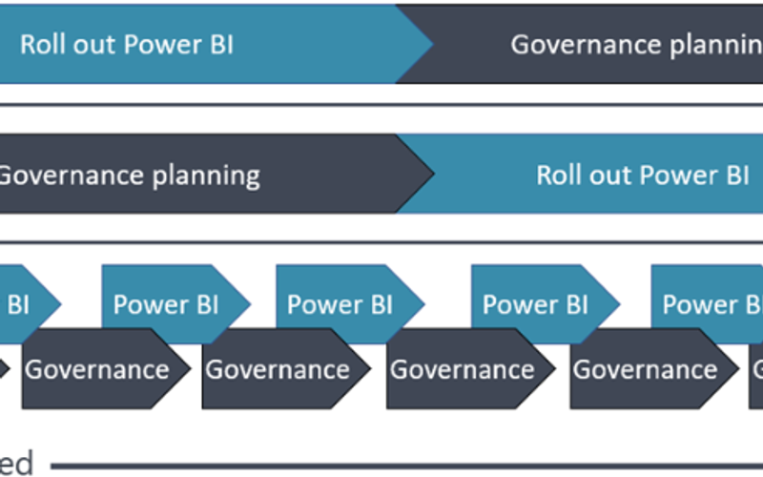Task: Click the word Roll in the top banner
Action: click(x=44, y=45)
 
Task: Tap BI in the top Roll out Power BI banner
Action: click(x=217, y=45)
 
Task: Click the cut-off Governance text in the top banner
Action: click(x=586, y=45)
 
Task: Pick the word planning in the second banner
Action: click(x=206, y=176)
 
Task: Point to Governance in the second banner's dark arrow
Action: click(x=71, y=176)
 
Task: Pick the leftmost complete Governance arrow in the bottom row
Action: click(x=97, y=369)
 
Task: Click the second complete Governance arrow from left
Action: click(x=278, y=369)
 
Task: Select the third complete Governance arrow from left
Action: click(x=464, y=369)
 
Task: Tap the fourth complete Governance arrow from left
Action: click(x=646, y=369)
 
